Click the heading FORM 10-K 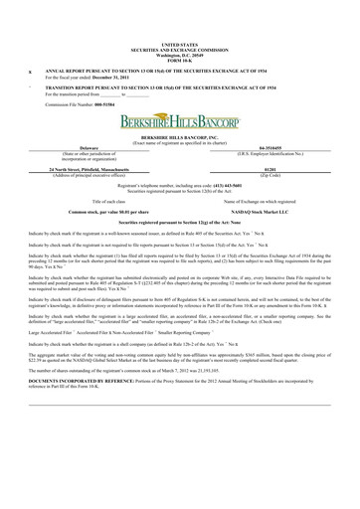179,62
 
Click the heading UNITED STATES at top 179,46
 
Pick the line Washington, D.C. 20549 179,57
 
